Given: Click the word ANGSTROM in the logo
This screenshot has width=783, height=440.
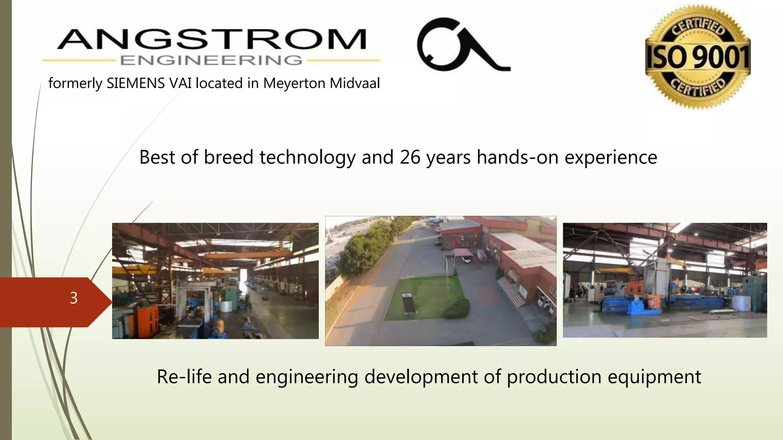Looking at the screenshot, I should (212, 40).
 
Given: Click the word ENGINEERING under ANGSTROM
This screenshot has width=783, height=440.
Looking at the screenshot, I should (211, 60).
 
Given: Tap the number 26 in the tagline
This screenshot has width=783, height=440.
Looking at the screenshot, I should (410, 157).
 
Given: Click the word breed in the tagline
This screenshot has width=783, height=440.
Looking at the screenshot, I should (228, 157).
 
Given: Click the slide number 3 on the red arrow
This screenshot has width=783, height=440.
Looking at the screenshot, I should (74, 298).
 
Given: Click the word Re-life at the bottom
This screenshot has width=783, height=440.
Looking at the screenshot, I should (184, 377).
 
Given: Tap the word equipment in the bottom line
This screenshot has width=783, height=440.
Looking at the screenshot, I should (654, 377).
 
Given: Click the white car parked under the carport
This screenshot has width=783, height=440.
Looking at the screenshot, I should (466, 259).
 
